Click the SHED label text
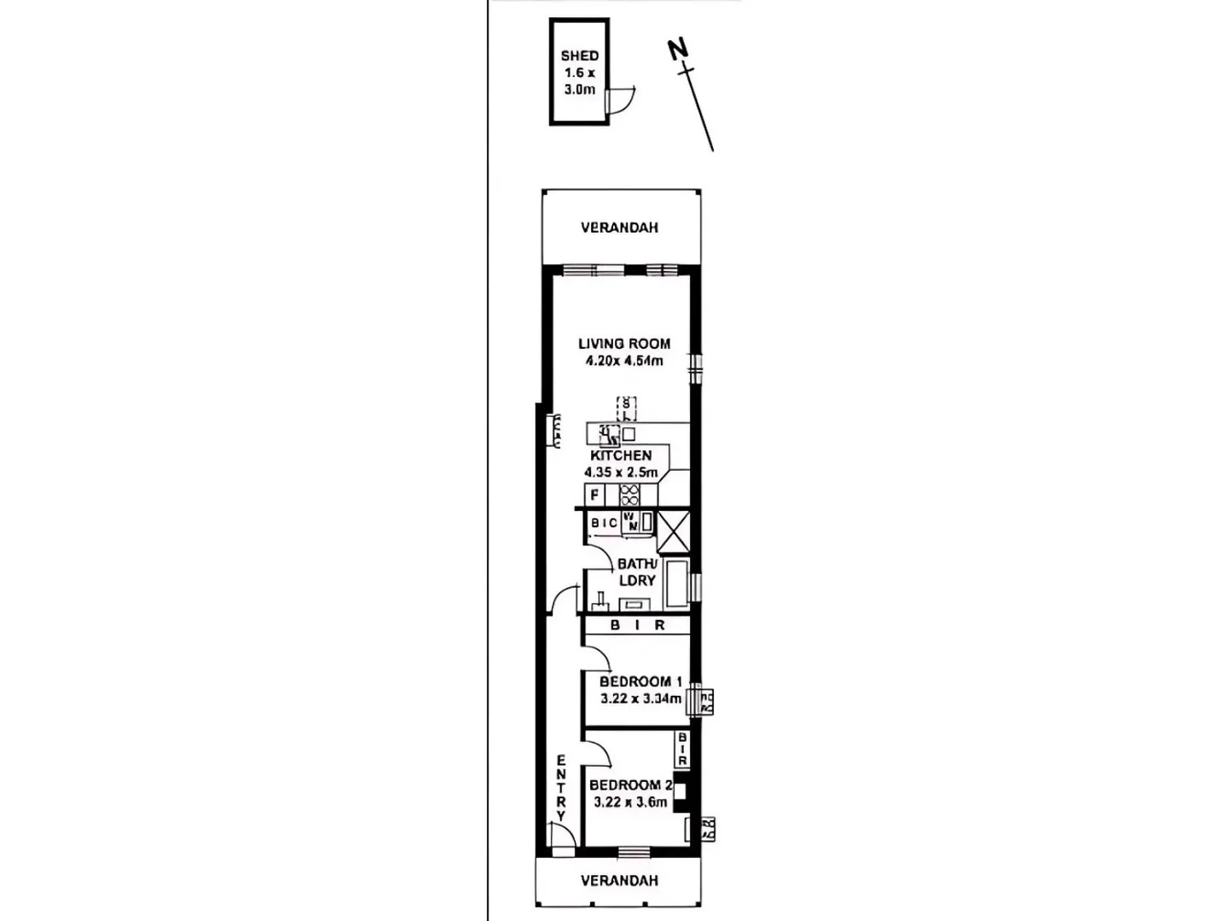[x=579, y=56]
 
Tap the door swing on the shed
[x=620, y=99]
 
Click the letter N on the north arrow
[x=677, y=50]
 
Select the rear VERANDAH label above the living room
[x=619, y=228]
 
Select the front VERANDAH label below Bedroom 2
[x=619, y=880]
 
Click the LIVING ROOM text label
[x=624, y=344]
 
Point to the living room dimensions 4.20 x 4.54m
[x=624, y=361]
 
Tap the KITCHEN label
[x=621, y=455]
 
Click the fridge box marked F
[x=594, y=495]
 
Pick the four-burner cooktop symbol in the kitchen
[x=629, y=495]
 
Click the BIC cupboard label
[x=605, y=523]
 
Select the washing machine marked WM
[x=632, y=522]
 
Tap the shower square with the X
[x=674, y=533]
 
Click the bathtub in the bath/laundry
[x=677, y=583]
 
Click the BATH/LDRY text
[x=637, y=572]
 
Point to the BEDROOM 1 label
[x=640, y=681]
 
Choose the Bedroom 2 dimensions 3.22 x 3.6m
[x=630, y=802]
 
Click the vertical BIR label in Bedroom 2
[x=682, y=749]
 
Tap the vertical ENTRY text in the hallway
[x=561, y=787]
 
